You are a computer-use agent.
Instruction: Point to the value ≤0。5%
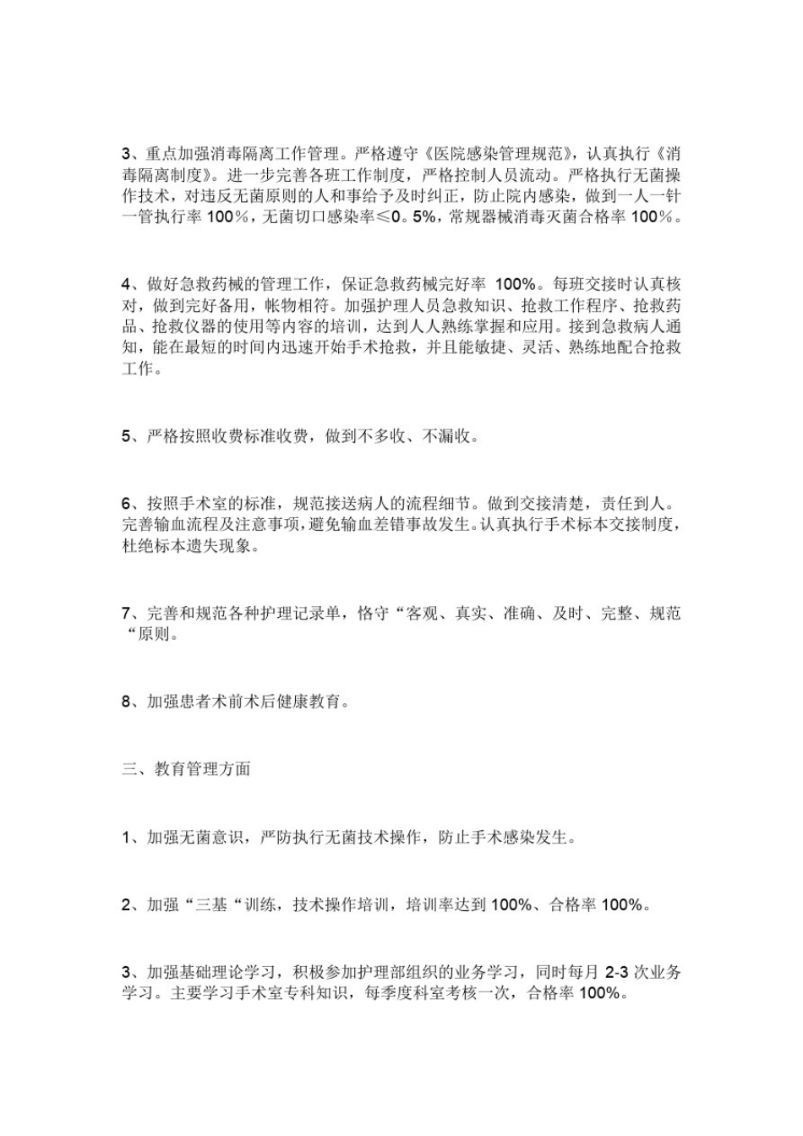[x=408, y=217]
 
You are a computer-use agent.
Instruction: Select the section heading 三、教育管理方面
[x=186, y=769]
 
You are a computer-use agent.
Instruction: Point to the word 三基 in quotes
[x=211, y=905]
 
